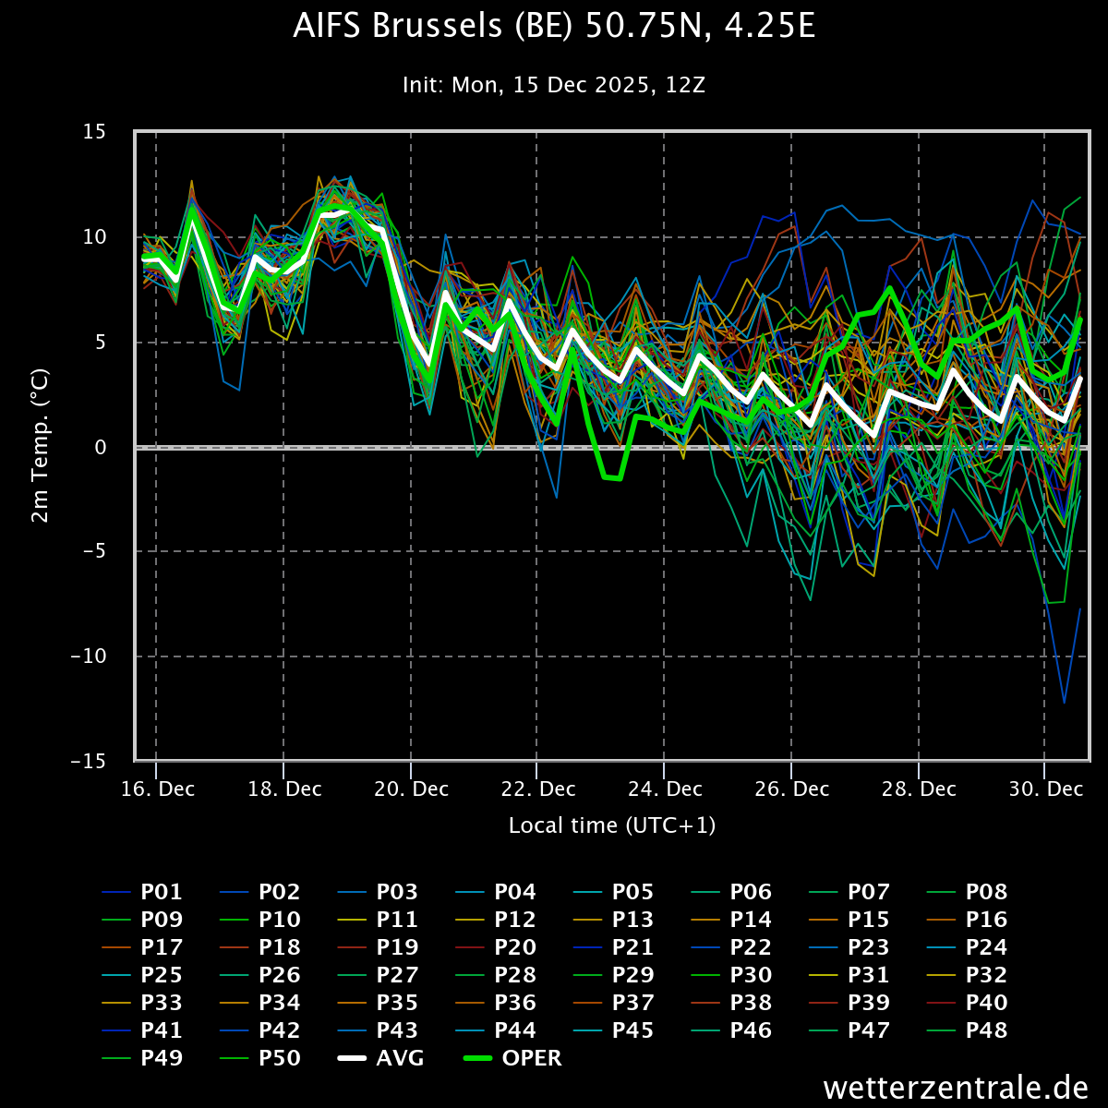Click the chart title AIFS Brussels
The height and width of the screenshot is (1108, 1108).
[554, 27]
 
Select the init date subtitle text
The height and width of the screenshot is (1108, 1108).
[554, 85]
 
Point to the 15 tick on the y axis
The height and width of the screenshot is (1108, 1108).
[94, 132]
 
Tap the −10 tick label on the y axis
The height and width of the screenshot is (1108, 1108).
[89, 656]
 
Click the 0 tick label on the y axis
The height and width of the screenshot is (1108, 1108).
[100, 447]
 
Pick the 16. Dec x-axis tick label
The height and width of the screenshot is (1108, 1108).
[156, 789]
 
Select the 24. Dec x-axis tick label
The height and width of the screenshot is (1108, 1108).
[664, 789]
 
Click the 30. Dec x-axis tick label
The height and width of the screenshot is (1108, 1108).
[1044, 789]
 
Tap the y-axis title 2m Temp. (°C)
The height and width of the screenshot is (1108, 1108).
[41, 447]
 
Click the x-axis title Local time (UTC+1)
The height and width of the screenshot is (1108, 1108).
[612, 825]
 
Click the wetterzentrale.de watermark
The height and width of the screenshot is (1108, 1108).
[956, 1088]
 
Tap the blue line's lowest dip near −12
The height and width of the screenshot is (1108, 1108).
[1064, 703]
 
